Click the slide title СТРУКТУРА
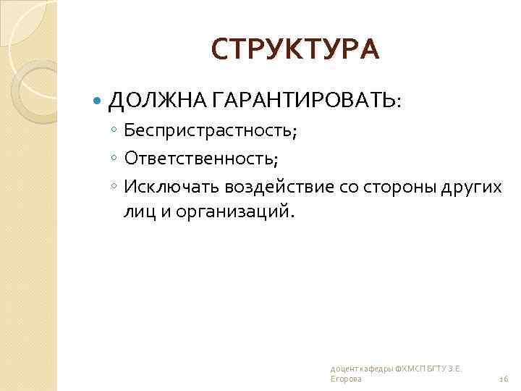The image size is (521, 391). (x=295, y=49)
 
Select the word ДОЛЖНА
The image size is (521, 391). (x=145, y=100)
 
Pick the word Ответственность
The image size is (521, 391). (x=200, y=158)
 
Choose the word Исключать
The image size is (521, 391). (x=171, y=186)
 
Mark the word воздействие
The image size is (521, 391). (x=279, y=186)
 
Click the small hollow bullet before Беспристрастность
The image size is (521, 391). (x=114, y=131)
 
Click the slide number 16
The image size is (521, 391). (x=504, y=379)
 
